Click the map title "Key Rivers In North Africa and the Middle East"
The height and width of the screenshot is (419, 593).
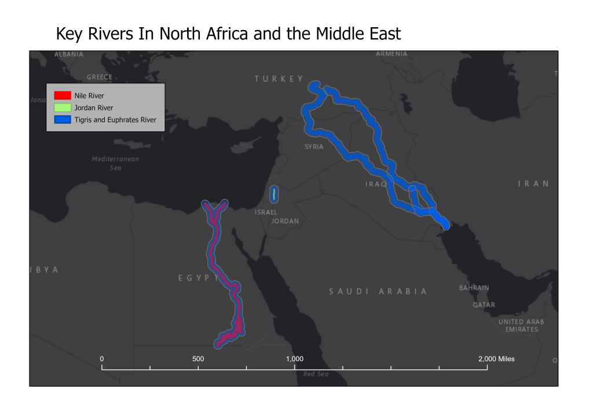click(228, 34)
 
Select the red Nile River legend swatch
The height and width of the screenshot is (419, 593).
click(62, 95)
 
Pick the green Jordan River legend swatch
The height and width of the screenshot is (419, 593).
click(62, 108)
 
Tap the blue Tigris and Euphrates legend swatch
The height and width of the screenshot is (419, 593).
click(62, 120)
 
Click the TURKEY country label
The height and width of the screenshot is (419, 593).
click(279, 79)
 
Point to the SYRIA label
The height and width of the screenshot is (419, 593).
click(314, 147)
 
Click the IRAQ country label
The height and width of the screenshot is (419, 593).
click(376, 184)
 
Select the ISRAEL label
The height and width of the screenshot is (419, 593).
click(266, 212)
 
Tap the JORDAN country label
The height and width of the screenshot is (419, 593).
click(285, 221)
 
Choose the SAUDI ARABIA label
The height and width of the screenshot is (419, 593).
click(378, 291)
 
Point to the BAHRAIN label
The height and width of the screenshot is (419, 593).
click(474, 288)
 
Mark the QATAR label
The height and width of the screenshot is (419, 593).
click(484, 304)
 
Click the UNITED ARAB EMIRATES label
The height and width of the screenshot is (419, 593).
click(521, 325)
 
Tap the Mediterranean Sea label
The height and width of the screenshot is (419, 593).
click(115, 163)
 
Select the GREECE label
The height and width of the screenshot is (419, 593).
click(99, 77)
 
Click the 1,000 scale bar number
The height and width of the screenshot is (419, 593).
click(295, 359)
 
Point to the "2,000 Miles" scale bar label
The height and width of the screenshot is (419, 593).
click(496, 359)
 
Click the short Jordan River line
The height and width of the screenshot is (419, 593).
click(273, 194)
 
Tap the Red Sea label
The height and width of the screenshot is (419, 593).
click(316, 374)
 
